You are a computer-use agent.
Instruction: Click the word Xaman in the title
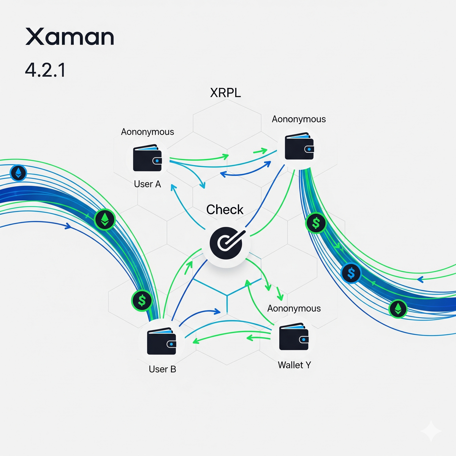point(70,37)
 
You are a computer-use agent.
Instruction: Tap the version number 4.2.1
point(45,70)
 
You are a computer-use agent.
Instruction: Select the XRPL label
point(225,93)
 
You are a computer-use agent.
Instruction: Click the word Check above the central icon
point(225,209)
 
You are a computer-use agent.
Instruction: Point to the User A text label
point(147,184)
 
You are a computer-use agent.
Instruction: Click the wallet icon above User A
point(147,158)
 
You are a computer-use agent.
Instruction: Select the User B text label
point(162,369)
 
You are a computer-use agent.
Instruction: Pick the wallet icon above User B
point(161,341)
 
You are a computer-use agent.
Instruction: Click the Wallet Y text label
point(294,365)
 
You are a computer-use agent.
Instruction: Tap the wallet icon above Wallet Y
point(293,337)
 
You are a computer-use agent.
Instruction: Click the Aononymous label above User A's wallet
point(147,132)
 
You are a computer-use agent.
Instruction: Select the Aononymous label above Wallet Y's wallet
point(294,308)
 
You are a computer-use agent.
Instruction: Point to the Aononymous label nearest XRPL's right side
point(299,119)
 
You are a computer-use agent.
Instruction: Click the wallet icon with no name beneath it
point(299,146)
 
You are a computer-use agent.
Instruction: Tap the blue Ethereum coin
point(18,173)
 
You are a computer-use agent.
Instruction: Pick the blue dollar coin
point(351,273)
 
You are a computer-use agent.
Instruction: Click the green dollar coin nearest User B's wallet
point(142,301)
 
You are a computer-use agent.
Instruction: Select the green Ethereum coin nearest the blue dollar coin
point(398,309)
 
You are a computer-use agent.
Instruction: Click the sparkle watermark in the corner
point(431,431)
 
